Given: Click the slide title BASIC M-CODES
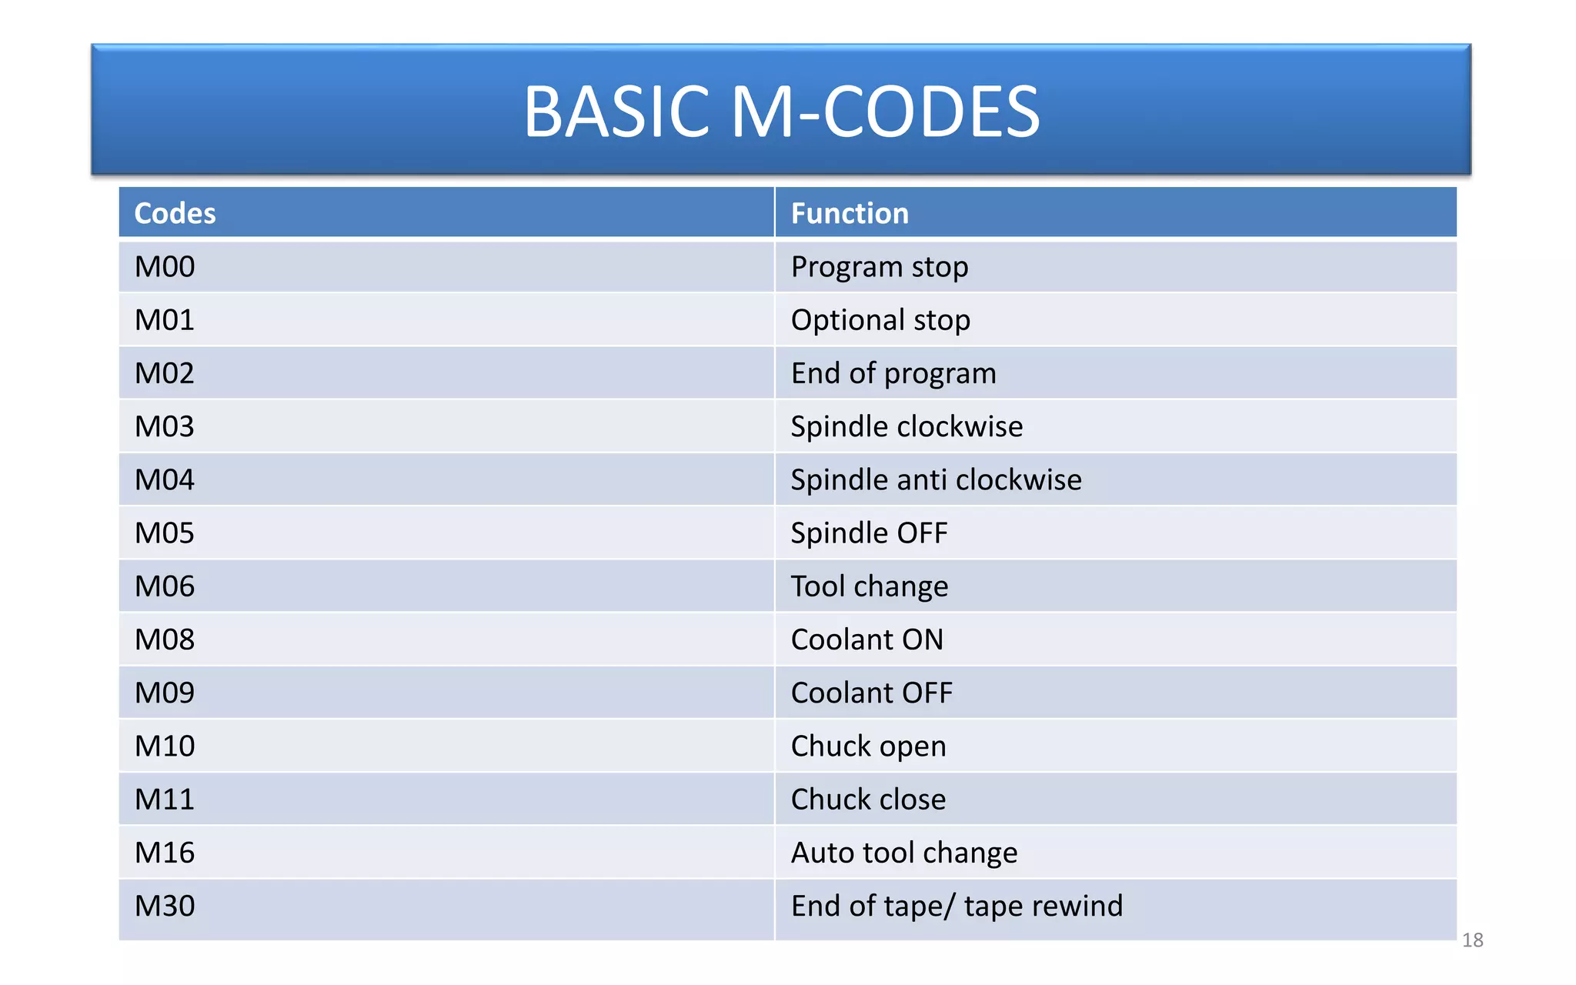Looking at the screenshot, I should point(781,112).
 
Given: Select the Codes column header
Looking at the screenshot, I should point(175,213).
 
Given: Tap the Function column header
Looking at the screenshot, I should point(850,213).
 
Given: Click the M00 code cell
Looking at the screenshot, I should point(165,267).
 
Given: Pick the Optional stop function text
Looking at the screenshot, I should point(880,320).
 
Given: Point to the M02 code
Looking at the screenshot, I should point(165,373).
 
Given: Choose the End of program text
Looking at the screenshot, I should point(893,373).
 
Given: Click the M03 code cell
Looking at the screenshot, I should point(165,426).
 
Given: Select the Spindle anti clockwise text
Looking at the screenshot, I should point(936,479).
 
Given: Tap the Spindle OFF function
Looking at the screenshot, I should point(869,533).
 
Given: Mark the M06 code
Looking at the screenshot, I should point(165,586).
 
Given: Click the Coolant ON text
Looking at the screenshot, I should point(866,639).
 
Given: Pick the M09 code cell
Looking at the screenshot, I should point(165,693).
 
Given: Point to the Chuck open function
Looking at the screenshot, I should point(868,746).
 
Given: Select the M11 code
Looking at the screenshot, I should point(165,799).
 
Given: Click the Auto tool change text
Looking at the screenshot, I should point(904,853).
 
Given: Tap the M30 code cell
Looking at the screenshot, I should point(165,906).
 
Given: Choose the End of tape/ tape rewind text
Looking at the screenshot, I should point(957,906).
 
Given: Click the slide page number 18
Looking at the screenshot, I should point(1472,940).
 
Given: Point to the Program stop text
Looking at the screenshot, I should point(880,267).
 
